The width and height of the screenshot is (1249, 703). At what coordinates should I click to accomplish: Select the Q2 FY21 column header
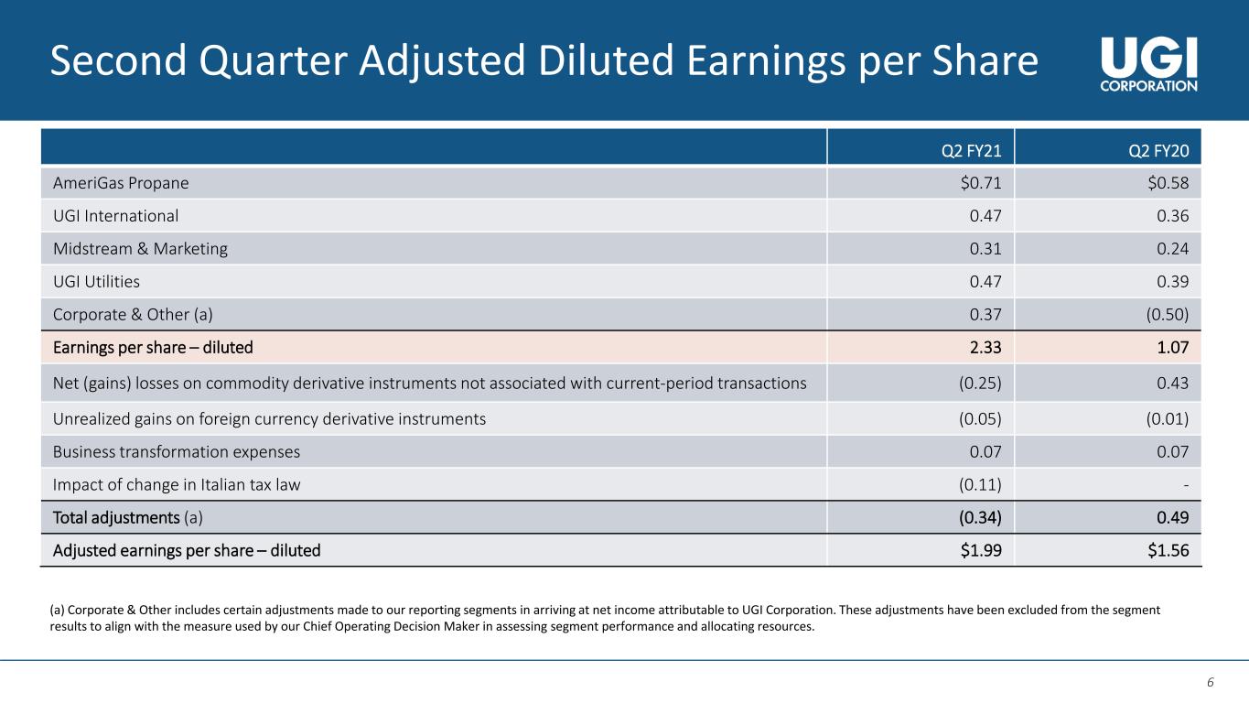click(976, 149)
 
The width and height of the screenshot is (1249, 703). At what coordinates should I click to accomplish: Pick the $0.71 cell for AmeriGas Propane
click(981, 183)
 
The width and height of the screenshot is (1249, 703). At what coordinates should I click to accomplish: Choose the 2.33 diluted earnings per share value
click(985, 348)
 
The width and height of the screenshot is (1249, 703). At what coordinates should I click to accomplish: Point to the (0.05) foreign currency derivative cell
click(980, 419)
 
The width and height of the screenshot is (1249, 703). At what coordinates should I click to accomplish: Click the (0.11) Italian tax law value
click(980, 485)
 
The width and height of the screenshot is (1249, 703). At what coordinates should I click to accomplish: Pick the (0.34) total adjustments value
click(980, 518)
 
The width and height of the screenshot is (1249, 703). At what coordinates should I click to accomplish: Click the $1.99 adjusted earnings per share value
click(981, 551)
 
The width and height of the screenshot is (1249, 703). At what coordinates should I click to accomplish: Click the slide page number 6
click(1210, 682)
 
